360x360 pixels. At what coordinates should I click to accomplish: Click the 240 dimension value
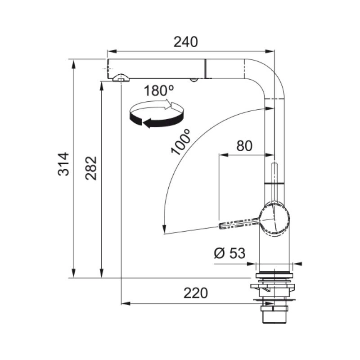click(185, 42)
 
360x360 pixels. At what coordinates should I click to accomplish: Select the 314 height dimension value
click(63, 164)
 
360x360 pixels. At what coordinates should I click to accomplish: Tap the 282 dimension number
click(91, 168)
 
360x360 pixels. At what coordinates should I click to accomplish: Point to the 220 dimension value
click(196, 293)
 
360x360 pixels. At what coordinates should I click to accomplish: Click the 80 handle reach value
click(244, 146)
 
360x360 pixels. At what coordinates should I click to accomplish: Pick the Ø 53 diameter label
click(230, 253)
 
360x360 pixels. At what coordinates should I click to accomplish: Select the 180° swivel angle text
click(159, 90)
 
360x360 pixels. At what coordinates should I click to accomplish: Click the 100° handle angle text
click(181, 142)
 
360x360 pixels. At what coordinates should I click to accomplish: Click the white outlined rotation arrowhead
click(171, 105)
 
